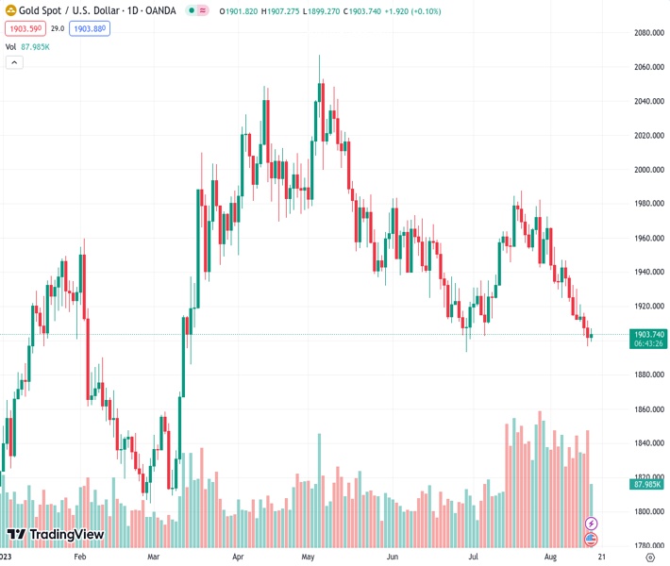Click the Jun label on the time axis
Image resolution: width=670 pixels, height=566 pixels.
(392, 558)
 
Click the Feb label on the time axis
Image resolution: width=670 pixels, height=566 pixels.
(80, 558)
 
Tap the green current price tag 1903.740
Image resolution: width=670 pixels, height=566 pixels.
(650, 335)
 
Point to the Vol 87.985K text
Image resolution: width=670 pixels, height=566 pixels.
(28, 46)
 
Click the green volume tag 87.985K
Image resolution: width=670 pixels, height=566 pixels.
(649, 484)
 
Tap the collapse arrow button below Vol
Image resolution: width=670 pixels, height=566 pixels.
(14, 62)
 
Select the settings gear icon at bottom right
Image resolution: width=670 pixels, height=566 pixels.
(650, 558)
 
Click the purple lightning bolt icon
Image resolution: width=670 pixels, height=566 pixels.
(592, 523)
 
